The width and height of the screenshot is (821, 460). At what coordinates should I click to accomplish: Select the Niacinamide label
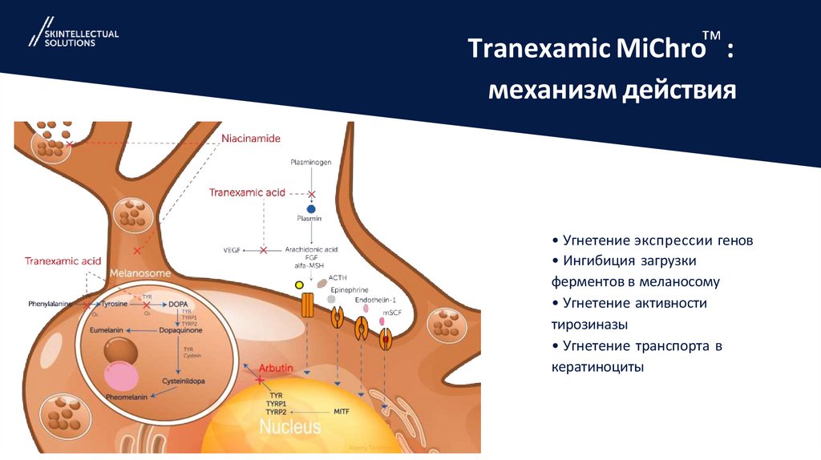pyautogui.click(x=250, y=139)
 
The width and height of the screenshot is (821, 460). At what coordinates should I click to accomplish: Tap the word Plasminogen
pyautogui.click(x=310, y=163)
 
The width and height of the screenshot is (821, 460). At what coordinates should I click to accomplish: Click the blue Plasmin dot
pyautogui.click(x=311, y=208)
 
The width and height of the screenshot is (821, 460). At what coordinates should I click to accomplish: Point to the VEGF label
pyautogui.click(x=233, y=250)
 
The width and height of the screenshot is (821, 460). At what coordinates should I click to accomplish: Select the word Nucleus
pyautogui.click(x=289, y=426)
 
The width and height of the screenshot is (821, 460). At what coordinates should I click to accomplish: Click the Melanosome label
pyautogui.click(x=140, y=273)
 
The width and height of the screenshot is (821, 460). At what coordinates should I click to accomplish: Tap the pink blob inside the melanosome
pyautogui.click(x=121, y=374)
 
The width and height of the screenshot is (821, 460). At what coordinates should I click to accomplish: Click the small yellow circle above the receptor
pyautogui.click(x=299, y=284)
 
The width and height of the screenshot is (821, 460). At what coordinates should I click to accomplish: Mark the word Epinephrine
pyautogui.click(x=348, y=289)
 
